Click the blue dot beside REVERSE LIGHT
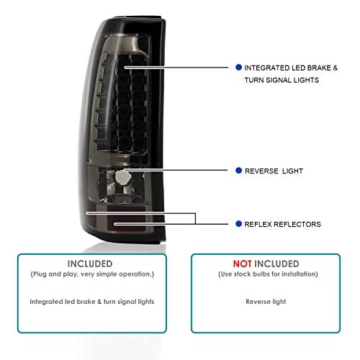(238, 171)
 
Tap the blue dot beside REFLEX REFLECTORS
(238, 224)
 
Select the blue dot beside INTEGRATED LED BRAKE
(238, 68)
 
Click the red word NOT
(243, 264)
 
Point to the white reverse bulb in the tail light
(122, 178)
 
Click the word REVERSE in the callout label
(261, 171)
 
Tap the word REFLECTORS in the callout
(297, 225)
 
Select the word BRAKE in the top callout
(319, 68)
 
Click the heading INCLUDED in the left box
(90, 264)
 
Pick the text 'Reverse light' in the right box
(266, 302)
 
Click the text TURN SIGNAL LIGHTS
(282, 80)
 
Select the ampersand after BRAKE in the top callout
(335, 68)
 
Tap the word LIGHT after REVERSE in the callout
(292, 171)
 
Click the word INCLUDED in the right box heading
(276, 264)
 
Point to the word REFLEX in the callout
(258, 225)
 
